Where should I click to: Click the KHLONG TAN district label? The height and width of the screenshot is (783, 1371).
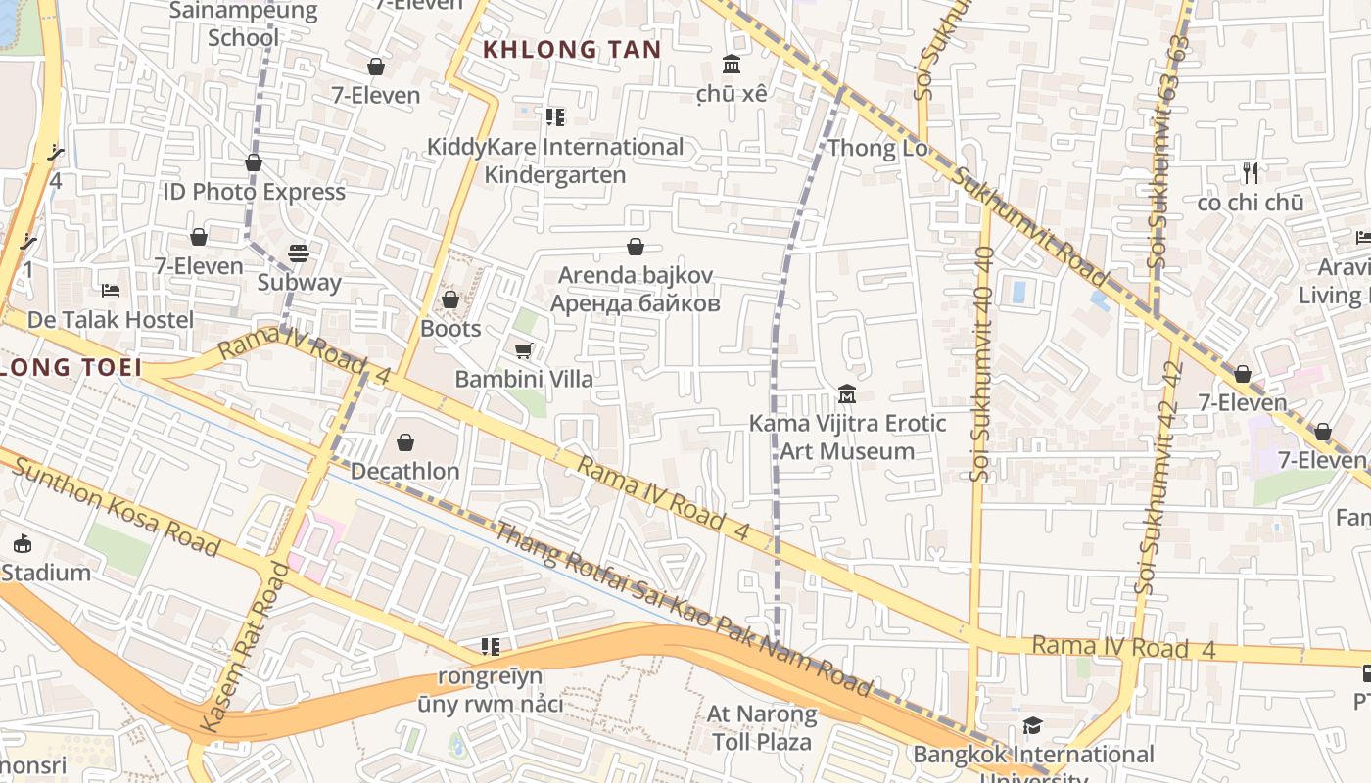573,49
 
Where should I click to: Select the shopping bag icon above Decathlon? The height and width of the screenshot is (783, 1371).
405,443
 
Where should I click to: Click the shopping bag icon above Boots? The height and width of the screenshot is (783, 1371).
450,299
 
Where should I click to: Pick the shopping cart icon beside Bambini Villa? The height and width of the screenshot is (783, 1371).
524,350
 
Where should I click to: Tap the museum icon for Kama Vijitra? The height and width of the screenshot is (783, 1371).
847,394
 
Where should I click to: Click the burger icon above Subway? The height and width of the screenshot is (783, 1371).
299,253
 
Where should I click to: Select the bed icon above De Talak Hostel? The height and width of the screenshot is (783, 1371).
111,291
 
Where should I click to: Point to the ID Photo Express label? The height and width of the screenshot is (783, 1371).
255,192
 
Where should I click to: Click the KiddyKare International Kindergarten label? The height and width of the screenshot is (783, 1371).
555,161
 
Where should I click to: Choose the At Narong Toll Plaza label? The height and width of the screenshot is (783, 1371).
762,727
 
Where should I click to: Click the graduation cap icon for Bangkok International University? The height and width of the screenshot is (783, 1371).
1032,725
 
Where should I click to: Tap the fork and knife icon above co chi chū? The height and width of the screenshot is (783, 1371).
1250,173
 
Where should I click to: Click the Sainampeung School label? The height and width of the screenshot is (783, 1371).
243,24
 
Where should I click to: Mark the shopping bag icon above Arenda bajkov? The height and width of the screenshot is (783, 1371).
636,247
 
